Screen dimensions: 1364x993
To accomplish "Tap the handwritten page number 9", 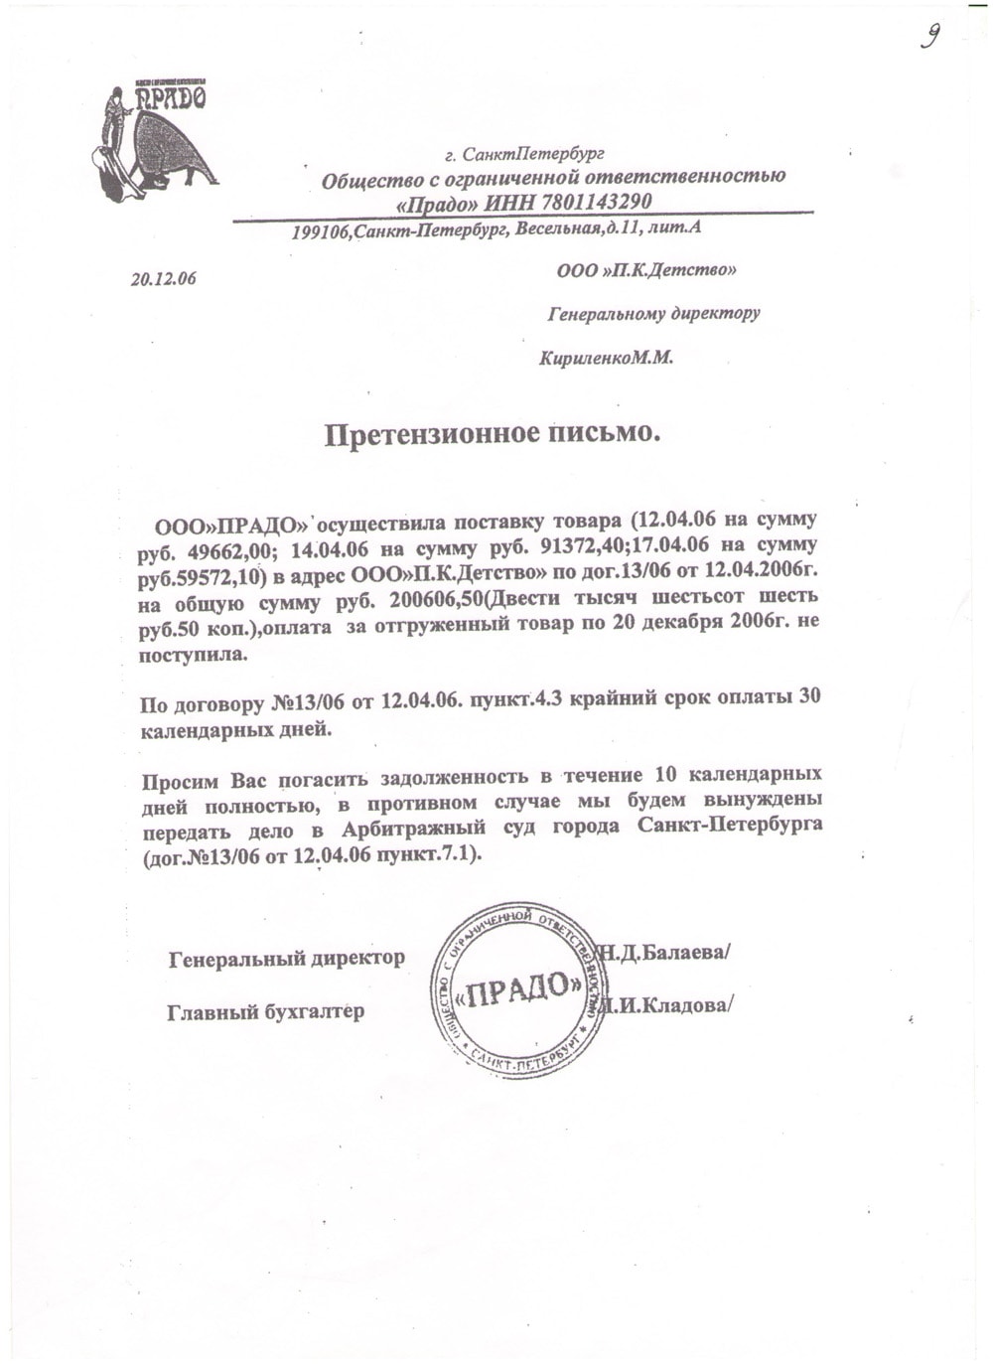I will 930,37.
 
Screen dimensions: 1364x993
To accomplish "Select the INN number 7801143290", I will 594,203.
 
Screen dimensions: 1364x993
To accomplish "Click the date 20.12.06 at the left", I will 163,279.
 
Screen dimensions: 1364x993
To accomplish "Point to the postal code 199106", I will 321,232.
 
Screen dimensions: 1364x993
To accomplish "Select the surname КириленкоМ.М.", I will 606,358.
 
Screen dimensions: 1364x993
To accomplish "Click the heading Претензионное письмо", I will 492,434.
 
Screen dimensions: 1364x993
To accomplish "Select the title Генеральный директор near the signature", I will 287,959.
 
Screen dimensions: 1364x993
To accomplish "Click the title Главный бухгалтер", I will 265,1012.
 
